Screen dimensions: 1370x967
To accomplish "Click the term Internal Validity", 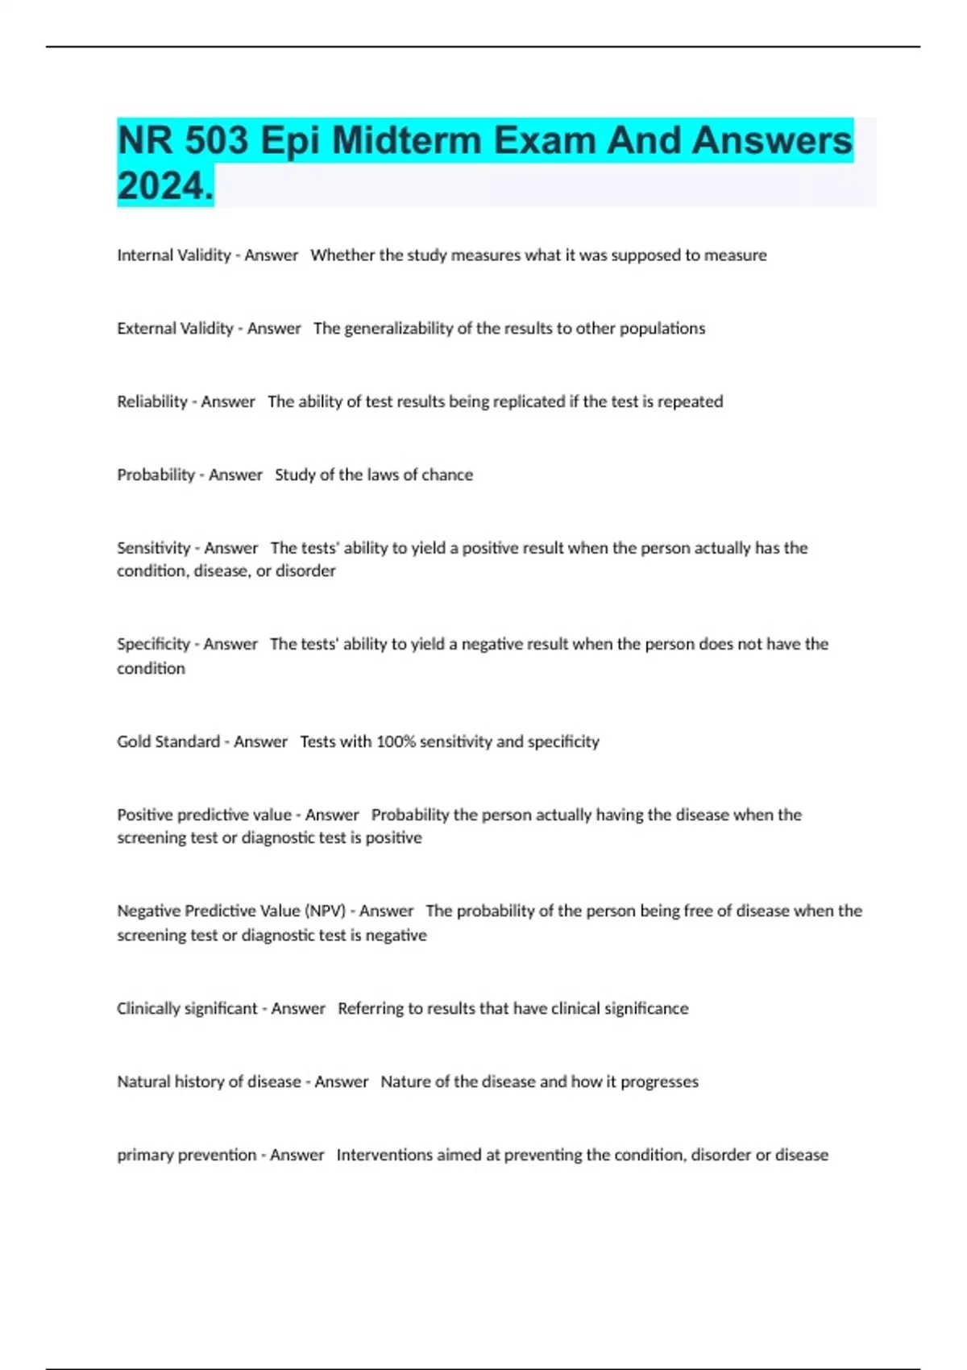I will (173, 255).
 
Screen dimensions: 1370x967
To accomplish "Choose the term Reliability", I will (151, 401).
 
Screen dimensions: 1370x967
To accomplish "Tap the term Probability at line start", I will (156, 475).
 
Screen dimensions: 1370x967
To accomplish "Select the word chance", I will (447, 475).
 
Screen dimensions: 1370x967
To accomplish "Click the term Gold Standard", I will (168, 741).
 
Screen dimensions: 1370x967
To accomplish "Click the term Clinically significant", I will (187, 1008).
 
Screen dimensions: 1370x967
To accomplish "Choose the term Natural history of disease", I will (209, 1081).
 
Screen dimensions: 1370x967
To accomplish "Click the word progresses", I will (659, 1081).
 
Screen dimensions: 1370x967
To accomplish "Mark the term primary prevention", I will (186, 1155).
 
